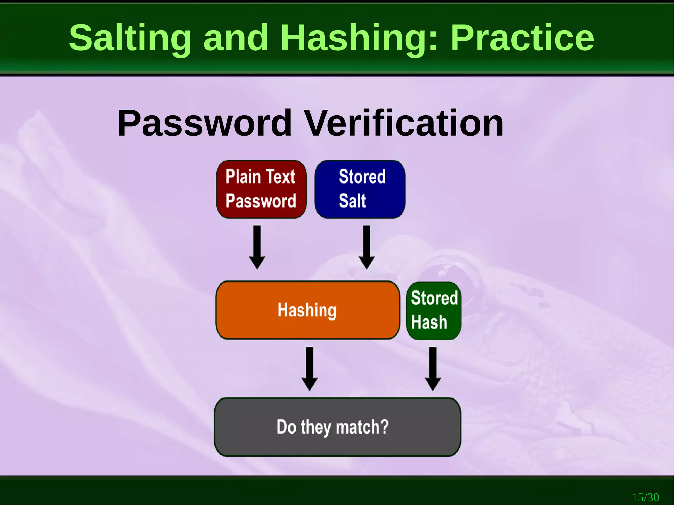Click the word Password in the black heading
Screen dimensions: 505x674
204,123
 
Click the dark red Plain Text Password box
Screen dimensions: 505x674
261,189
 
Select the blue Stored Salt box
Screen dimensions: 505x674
360,189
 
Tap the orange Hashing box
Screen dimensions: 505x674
307,310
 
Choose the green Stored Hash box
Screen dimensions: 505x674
434,311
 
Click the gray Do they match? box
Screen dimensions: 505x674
337,427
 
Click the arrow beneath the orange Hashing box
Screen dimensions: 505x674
310,369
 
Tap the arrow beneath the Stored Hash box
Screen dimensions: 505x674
433,369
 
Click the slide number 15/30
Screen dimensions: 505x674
645,497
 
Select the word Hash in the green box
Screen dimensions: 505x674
429,322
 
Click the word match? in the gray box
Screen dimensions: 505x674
362,427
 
